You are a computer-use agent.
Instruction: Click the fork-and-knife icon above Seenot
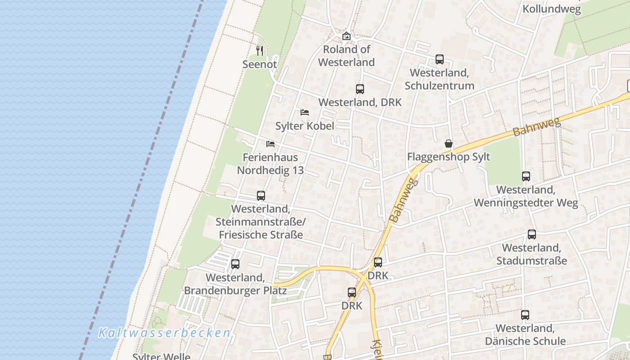click(259, 50)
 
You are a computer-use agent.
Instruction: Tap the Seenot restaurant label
click(260, 64)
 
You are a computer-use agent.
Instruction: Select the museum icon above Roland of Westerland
click(346, 36)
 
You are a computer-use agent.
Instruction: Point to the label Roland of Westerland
click(346, 56)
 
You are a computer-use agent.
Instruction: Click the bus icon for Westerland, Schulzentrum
click(439, 59)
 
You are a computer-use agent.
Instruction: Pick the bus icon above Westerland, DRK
click(360, 89)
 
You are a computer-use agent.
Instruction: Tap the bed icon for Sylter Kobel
click(305, 112)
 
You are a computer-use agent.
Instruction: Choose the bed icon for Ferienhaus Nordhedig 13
click(270, 144)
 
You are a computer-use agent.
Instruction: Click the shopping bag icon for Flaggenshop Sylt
click(448, 144)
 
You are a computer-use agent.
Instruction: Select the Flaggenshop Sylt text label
click(448, 157)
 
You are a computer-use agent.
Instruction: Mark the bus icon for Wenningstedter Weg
click(526, 176)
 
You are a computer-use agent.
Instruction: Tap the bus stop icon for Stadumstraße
click(531, 234)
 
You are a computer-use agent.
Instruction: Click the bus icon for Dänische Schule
click(525, 315)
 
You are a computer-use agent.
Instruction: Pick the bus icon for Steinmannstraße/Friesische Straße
click(261, 195)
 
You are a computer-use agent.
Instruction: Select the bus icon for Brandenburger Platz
click(235, 264)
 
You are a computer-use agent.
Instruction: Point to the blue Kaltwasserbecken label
click(164, 333)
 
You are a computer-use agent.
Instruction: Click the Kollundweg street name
click(552, 9)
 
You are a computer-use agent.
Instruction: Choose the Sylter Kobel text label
click(305, 126)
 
